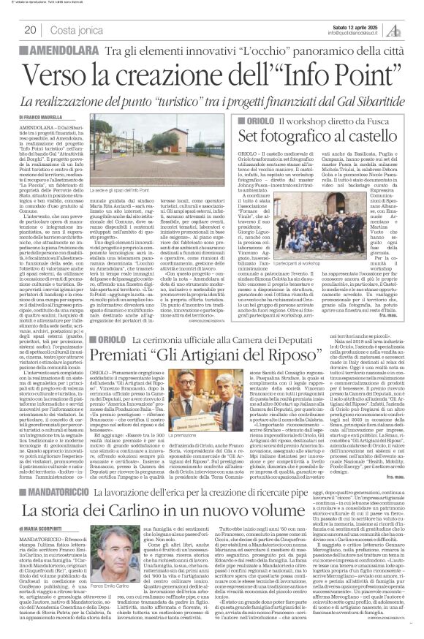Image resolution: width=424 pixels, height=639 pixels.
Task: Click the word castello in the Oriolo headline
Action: click(x=373, y=137)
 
